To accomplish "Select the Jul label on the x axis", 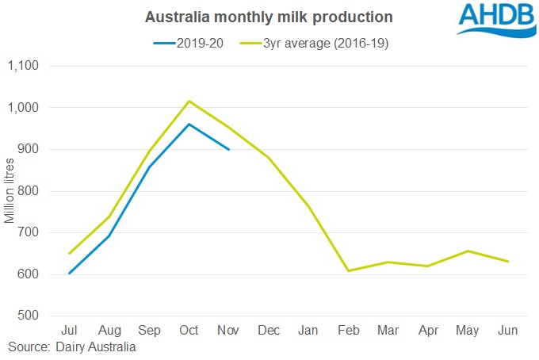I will pyautogui.click(x=70, y=330).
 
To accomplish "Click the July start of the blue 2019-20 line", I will pyautogui.click(x=70, y=274).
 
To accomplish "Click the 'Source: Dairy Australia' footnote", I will pyautogui.click(x=71, y=347).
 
